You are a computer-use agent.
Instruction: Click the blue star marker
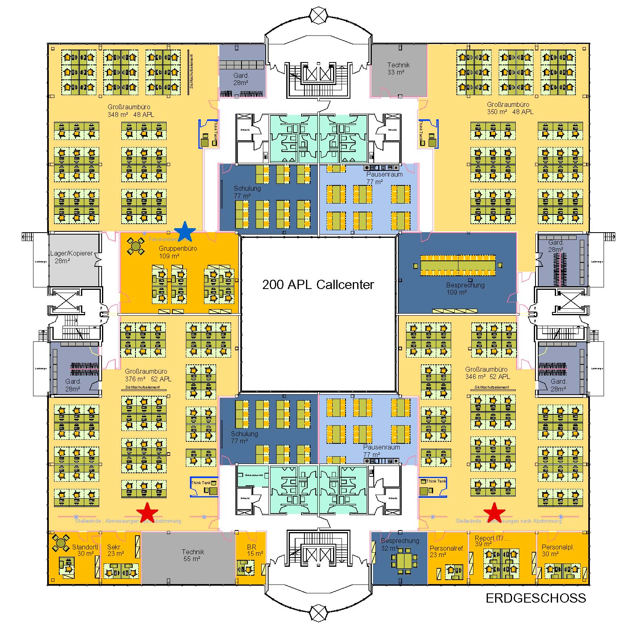[x=185, y=231]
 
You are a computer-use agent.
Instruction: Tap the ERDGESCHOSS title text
[x=535, y=598]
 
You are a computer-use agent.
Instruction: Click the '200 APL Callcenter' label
[x=318, y=285]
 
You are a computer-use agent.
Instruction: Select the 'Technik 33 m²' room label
[x=398, y=69]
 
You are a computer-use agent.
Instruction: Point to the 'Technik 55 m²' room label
[x=193, y=555]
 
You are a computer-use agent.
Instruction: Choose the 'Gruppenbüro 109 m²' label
[x=178, y=252]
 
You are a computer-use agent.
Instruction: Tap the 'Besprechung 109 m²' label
[x=465, y=289]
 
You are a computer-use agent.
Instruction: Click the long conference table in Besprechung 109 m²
[x=458, y=265]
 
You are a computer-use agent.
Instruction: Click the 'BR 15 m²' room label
[x=254, y=550]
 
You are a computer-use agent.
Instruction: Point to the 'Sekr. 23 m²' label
[x=116, y=550]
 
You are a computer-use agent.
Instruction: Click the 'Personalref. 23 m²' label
[x=447, y=551]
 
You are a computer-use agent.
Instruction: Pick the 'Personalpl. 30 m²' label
[x=558, y=550]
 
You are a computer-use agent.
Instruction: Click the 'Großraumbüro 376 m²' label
[x=148, y=375]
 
